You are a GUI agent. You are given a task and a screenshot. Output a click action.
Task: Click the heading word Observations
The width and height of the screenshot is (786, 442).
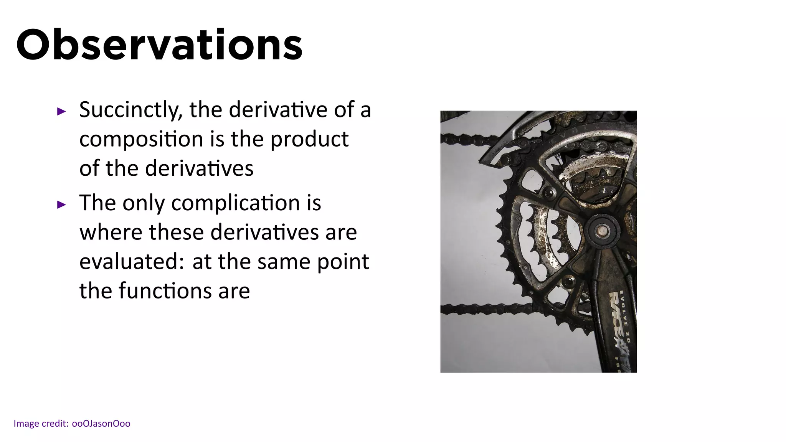[x=159, y=45]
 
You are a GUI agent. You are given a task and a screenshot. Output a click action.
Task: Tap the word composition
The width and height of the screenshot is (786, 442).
[x=141, y=139]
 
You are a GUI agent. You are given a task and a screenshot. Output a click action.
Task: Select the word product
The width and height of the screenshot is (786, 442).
[x=309, y=139]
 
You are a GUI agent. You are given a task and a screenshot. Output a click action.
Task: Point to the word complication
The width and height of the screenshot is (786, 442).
[x=235, y=203]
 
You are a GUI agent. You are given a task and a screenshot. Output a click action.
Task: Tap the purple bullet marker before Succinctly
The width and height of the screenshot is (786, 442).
[x=61, y=112]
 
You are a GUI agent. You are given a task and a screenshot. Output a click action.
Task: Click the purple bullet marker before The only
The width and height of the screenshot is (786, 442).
[x=61, y=205]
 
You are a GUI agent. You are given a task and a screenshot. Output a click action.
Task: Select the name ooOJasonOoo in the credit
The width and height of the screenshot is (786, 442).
[x=101, y=424]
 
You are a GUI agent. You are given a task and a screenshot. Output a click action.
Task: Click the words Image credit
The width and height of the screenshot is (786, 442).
[x=41, y=424]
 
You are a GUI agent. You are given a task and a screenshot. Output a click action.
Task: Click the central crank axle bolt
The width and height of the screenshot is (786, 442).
[x=602, y=231]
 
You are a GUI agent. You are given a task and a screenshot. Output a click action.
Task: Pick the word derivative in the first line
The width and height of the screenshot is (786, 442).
[x=278, y=110]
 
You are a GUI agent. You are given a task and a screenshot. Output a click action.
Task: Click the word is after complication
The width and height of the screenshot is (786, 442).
[x=314, y=203]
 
